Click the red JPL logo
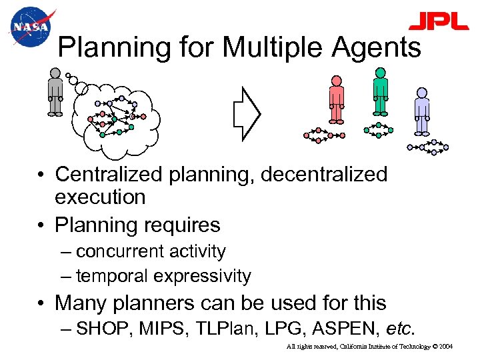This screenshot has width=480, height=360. (x=438, y=22)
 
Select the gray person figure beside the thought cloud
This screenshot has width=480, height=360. (x=55, y=93)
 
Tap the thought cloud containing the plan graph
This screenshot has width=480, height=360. (x=117, y=117)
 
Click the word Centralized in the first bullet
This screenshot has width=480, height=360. (x=109, y=175)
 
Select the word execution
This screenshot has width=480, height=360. (x=100, y=197)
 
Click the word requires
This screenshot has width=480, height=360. (x=185, y=225)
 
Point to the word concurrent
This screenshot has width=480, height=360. (x=119, y=251)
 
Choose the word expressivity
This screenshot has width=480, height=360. (x=202, y=276)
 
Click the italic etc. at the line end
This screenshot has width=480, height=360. (x=400, y=329)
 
